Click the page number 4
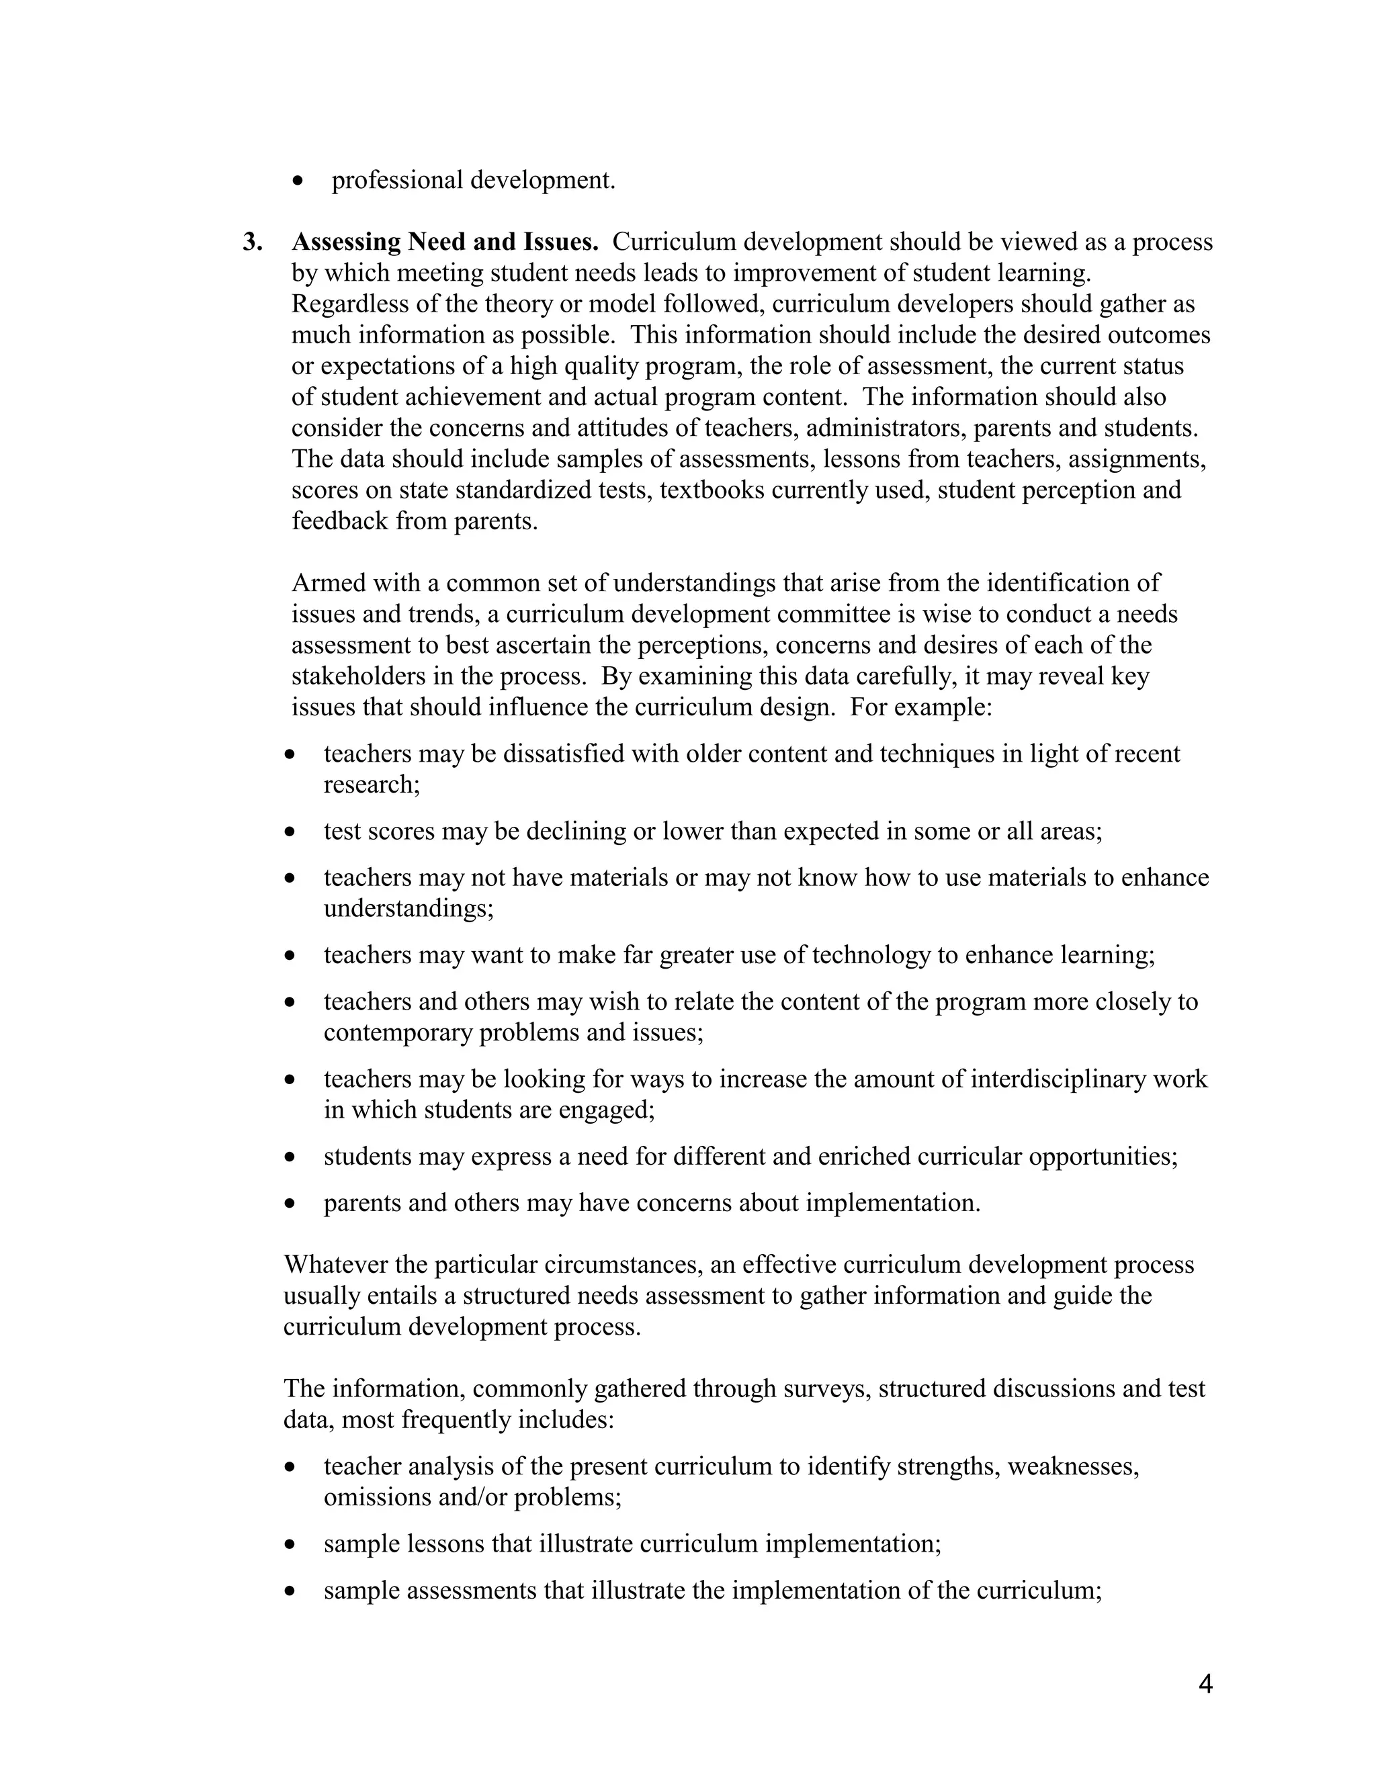click(x=1205, y=1684)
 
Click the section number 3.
click(x=252, y=242)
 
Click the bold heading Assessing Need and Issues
click(x=445, y=242)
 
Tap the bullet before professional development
click(x=298, y=181)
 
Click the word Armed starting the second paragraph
click(x=324, y=583)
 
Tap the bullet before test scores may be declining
click(x=290, y=832)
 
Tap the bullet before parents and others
click(x=290, y=1204)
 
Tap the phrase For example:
click(x=921, y=707)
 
